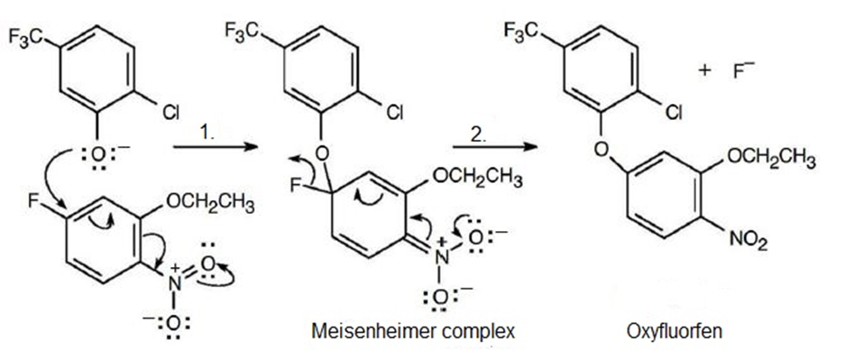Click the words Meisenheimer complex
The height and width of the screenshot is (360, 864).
coord(413,331)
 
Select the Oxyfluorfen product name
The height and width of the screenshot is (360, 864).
coord(675,332)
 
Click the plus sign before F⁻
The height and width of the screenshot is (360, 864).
coord(704,71)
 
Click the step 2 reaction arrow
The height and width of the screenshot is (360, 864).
coord(495,147)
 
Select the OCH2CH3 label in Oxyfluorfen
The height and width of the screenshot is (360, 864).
coord(771,159)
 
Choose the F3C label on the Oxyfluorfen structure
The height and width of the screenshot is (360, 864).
coord(520,31)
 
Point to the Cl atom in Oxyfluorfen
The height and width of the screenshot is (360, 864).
coord(673,113)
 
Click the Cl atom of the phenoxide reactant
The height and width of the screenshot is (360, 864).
coord(171,113)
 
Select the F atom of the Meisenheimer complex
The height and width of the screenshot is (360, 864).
coord(297,187)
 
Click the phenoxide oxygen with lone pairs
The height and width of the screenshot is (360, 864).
coord(97,155)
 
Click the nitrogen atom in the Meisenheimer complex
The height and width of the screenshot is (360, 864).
coord(440,256)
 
